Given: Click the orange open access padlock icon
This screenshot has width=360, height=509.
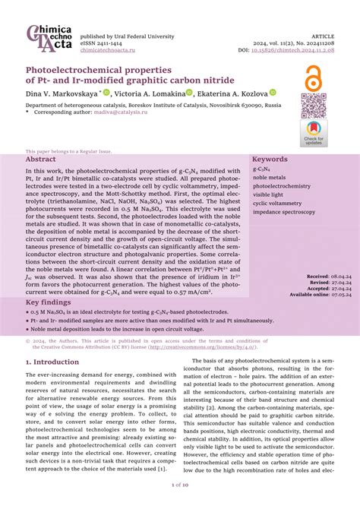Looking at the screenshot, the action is click(311, 78).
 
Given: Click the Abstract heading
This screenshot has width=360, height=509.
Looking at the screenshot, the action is click(41, 160).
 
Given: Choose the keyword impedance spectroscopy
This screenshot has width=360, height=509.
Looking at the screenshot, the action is click(285, 213).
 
